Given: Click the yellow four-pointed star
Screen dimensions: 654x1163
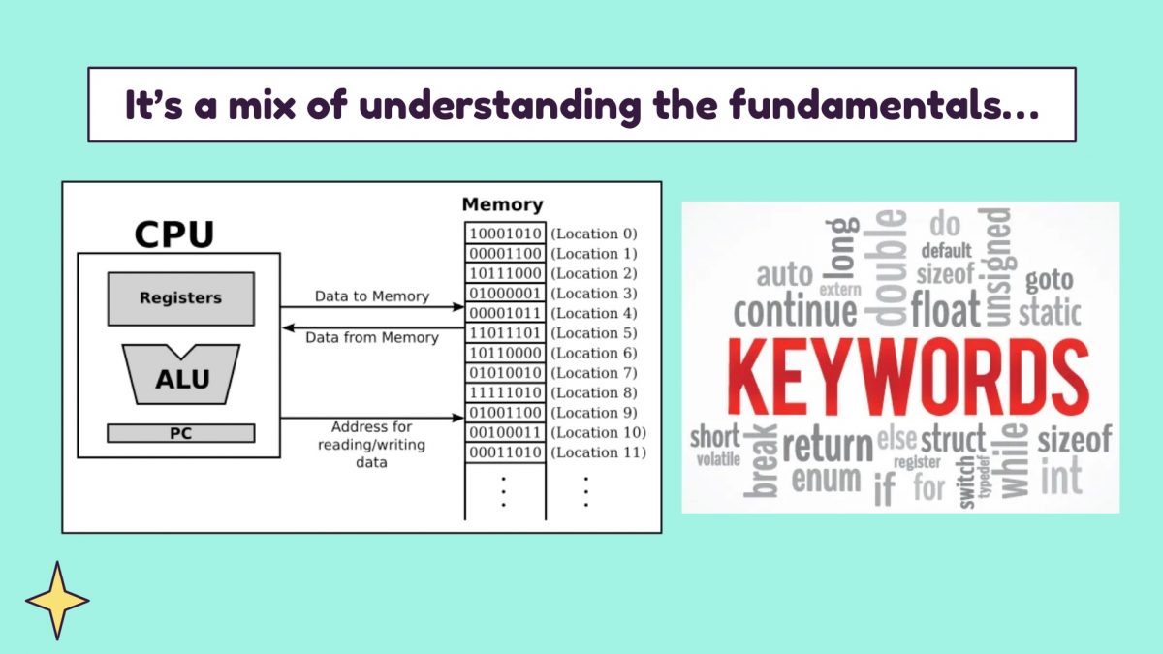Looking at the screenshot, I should [x=57, y=601].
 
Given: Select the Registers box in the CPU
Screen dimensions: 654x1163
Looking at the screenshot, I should [x=180, y=298].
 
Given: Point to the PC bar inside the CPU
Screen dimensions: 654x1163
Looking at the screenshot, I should [x=180, y=433].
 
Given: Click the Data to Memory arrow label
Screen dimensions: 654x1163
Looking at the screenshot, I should [x=371, y=296].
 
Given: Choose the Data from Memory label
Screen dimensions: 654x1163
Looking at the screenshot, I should [x=371, y=337].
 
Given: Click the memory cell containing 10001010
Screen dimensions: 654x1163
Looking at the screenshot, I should [x=505, y=234].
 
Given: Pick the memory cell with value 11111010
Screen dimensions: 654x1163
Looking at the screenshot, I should [x=505, y=392].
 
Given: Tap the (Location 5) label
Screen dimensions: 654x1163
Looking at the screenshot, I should [x=593, y=333].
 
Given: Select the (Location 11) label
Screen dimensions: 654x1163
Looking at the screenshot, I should [x=597, y=452].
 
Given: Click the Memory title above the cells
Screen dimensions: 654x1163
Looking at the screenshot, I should [x=502, y=205].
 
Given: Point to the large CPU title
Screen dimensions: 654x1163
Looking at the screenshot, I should [x=174, y=235].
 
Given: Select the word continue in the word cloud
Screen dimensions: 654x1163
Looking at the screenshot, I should [x=795, y=312].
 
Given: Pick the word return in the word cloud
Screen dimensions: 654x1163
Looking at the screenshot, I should [x=828, y=446].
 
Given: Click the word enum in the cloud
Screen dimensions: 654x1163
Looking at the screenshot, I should [x=826, y=480].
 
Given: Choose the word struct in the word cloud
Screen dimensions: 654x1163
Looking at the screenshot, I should [x=953, y=439].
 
